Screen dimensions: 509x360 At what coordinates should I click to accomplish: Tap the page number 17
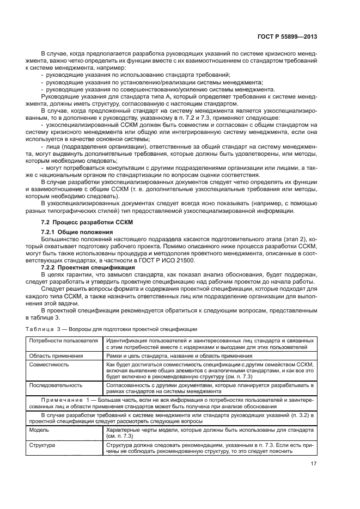tap(313, 464)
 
